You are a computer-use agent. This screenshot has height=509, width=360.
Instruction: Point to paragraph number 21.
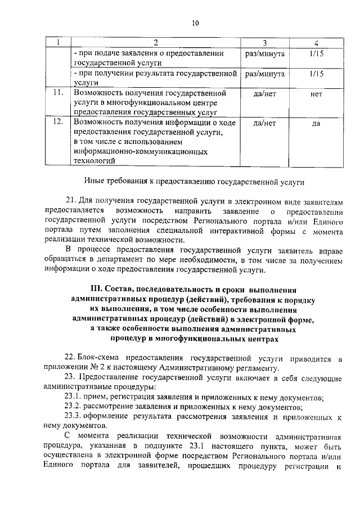point(71,201)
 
